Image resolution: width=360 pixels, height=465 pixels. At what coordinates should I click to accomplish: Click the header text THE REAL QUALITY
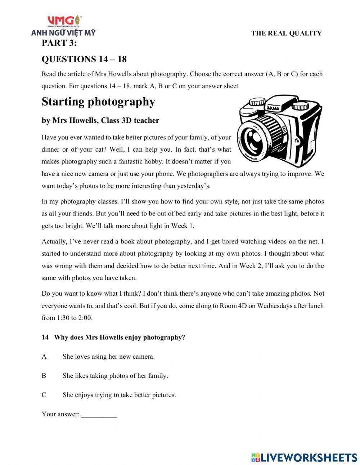(x=286, y=33)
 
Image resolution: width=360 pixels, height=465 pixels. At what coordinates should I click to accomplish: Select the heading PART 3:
(x=59, y=43)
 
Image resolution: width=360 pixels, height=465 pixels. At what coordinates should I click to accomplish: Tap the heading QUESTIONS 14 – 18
(x=84, y=59)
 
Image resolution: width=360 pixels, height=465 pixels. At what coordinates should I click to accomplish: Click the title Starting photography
(x=98, y=102)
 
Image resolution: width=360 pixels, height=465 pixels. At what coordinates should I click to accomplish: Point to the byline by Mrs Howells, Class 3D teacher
(x=100, y=121)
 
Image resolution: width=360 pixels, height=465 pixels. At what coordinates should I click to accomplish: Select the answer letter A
(x=44, y=357)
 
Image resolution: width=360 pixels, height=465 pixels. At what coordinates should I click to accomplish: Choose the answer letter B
(x=44, y=376)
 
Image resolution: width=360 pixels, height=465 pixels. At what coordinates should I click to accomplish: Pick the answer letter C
(x=44, y=395)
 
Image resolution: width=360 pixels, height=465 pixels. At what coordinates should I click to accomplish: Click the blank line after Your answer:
(x=99, y=415)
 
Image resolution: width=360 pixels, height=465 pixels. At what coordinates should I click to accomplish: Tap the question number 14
(x=45, y=337)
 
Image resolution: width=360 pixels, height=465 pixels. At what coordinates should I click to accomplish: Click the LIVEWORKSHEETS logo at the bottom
(x=304, y=457)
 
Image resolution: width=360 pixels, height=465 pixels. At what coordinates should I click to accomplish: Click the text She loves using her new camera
(x=108, y=357)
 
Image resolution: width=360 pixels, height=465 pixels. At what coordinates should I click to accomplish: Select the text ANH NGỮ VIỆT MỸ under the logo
(x=63, y=33)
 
